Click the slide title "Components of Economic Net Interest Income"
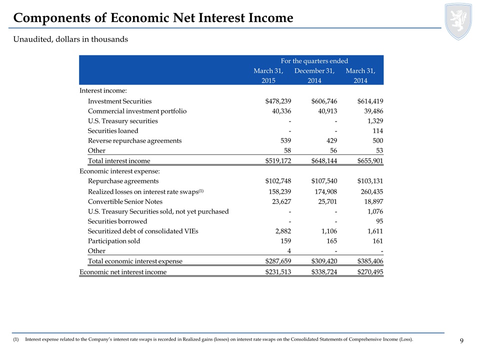(153, 18)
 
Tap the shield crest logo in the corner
(458, 20)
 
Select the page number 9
(461, 341)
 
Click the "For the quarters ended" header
(314, 60)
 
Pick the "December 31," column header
(314, 71)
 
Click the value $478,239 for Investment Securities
(277, 101)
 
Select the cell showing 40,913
(326, 111)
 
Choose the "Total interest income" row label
(119, 161)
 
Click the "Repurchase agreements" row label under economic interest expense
(123, 181)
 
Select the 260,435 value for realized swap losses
(370, 191)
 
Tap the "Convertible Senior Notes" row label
(125, 201)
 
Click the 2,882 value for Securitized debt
(282, 231)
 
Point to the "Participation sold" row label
(114, 241)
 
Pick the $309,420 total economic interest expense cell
(323, 261)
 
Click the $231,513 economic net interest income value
(277, 272)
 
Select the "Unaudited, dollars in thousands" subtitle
(70, 39)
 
